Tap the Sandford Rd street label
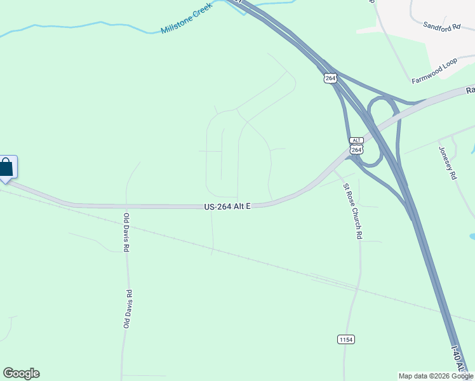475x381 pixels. pos(441,27)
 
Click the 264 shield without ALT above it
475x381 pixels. pos(330,77)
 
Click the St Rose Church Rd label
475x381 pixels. pos(352,211)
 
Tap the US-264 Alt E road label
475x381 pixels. pos(228,206)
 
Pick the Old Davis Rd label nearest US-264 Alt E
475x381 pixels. pos(126,232)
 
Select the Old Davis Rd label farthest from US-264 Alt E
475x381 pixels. pos(128,309)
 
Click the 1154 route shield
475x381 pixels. pos(345,340)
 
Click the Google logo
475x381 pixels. pos(21,373)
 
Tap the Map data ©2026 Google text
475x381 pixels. pos(436,376)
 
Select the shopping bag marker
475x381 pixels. pos(6,168)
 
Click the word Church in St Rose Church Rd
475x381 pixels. pos(353,213)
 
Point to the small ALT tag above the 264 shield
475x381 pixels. pos(356,140)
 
